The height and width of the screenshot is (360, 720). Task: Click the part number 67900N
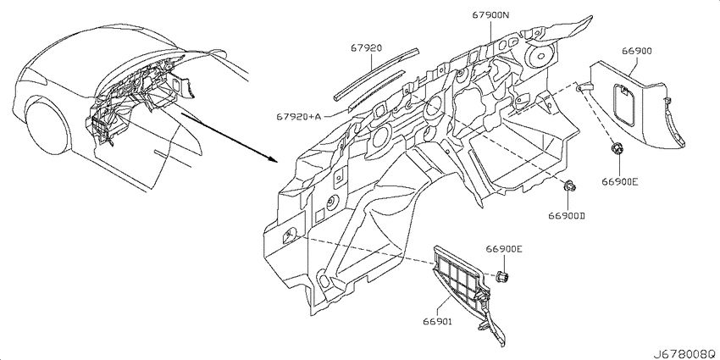point(490,15)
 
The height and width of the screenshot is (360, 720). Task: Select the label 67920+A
point(298,117)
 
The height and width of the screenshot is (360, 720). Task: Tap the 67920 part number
point(367,47)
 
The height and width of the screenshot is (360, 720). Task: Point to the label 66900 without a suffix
point(637,52)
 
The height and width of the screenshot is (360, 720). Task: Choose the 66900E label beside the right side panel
point(620,181)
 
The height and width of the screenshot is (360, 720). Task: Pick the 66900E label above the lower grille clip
point(504,249)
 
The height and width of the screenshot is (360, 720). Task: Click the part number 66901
point(438,323)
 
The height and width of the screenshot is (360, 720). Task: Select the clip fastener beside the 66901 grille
point(503,276)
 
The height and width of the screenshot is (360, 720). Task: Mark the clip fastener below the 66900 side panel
point(618,149)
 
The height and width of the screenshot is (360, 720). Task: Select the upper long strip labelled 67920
point(375,75)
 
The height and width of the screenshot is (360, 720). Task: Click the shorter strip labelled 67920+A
point(377,90)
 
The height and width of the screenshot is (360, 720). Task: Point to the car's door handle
point(163,153)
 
